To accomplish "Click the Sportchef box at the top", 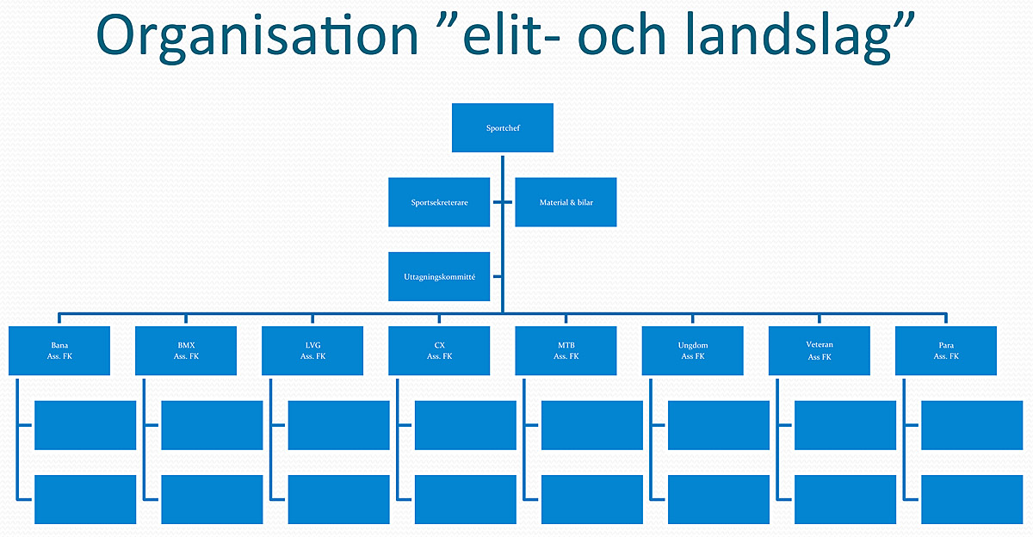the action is pyautogui.click(x=503, y=127).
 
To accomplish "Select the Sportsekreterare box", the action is pyautogui.click(x=439, y=202).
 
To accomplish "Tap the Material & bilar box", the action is pyautogui.click(x=566, y=202).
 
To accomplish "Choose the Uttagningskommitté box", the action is pyautogui.click(x=439, y=276).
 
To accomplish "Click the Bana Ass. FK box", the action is pyautogui.click(x=59, y=351).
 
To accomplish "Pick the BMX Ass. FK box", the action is pyautogui.click(x=186, y=351).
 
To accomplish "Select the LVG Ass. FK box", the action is pyautogui.click(x=312, y=351).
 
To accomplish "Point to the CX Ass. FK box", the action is pyautogui.click(x=439, y=351).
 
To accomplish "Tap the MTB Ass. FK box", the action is pyautogui.click(x=566, y=351).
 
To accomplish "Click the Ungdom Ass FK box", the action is pyautogui.click(x=693, y=351).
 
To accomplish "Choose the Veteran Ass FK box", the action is pyautogui.click(x=820, y=351).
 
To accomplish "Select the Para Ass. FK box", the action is pyautogui.click(x=946, y=351).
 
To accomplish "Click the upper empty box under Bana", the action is pyautogui.click(x=85, y=425).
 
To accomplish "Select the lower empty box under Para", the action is pyautogui.click(x=972, y=500).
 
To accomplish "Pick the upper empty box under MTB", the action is pyautogui.click(x=592, y=425).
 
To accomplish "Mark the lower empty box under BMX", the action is pyautogui.click(x=212, y=500).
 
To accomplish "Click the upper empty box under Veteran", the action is pyautogui.click(x=845, y=425).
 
